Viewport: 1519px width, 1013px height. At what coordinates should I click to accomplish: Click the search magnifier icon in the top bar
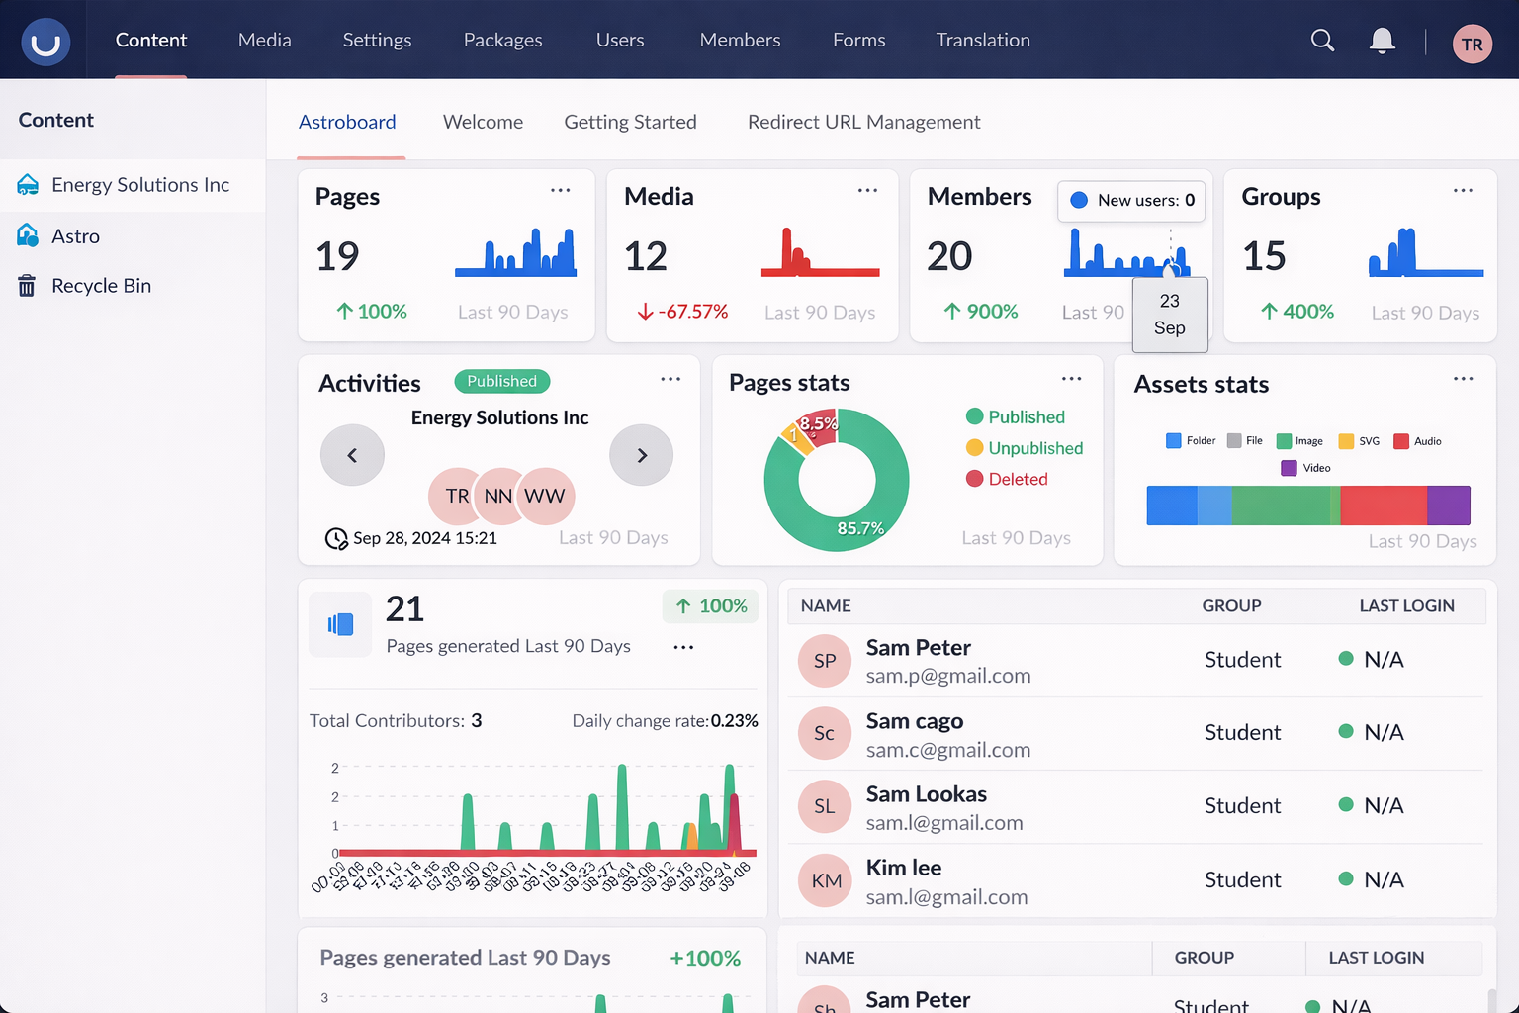[1322, 40]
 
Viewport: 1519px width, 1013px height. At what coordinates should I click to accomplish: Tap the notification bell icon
[1382, 41]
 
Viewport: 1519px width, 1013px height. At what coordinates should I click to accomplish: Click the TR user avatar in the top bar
[1472, 44]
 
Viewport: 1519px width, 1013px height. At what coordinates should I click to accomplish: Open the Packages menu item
[502, 40]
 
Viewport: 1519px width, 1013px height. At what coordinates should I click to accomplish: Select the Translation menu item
[983, 40]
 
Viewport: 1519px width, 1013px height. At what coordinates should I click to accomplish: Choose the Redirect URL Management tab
[863, 122]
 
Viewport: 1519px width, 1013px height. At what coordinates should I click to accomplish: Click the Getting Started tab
[630, 122]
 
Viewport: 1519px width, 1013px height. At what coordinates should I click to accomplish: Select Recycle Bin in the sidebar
[101, 286]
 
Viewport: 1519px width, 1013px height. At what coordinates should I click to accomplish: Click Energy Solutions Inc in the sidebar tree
[139, 185]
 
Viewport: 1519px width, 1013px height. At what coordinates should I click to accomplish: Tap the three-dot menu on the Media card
[867, 190]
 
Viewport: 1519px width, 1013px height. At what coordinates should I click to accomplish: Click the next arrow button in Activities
[641, 455]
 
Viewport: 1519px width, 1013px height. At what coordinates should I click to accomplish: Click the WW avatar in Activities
[545, 496]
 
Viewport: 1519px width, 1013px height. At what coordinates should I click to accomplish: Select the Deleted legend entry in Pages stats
[1017, 479]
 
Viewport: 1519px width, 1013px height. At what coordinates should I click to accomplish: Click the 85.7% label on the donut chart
[860, 528]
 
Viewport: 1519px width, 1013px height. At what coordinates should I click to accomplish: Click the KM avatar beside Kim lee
[826, 880]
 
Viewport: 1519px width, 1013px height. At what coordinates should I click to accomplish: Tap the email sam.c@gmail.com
[947, 750]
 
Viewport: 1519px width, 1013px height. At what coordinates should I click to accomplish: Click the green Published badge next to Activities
[501, 381]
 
